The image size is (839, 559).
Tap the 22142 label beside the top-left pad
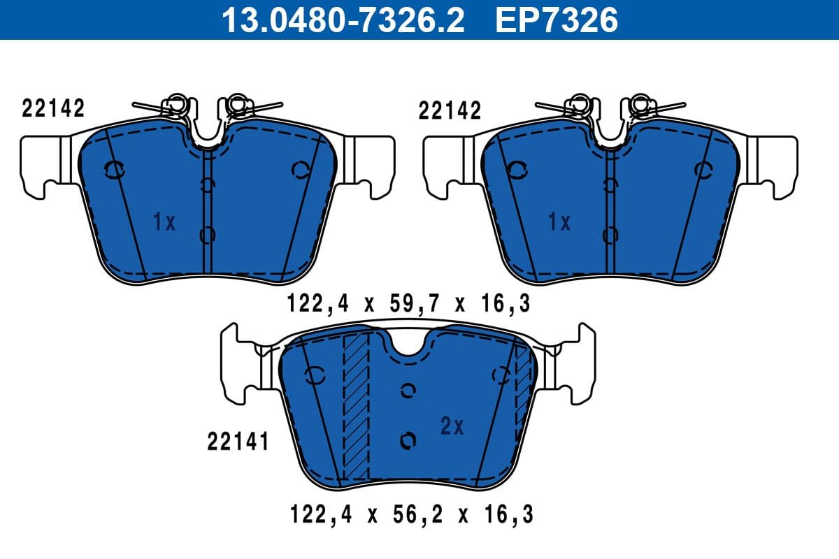tap(53, 108)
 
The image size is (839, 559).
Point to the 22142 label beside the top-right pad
tap(450, 110)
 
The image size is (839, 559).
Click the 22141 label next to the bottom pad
tap(238, 442)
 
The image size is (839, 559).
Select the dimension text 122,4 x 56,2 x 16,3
tap(411, 515)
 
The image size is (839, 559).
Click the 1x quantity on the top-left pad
tap(164, 222)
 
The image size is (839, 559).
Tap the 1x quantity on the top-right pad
tap(559, 222)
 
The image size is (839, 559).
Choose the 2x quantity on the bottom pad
tap(452, 426)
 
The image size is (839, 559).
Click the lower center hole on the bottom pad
tap(408, 440)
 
